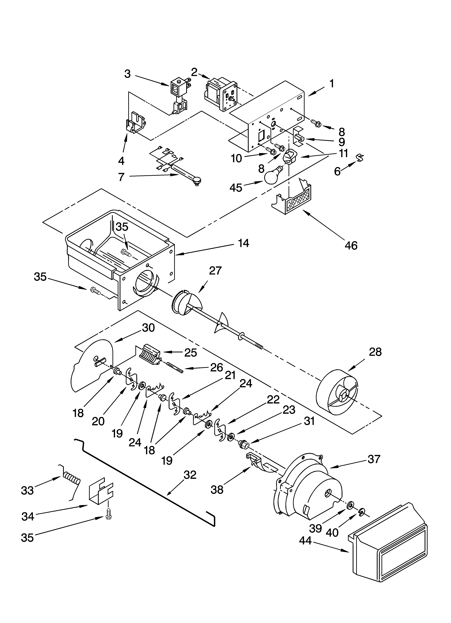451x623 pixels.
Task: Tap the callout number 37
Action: [374, 459]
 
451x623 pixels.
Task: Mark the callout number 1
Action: [332, 84]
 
